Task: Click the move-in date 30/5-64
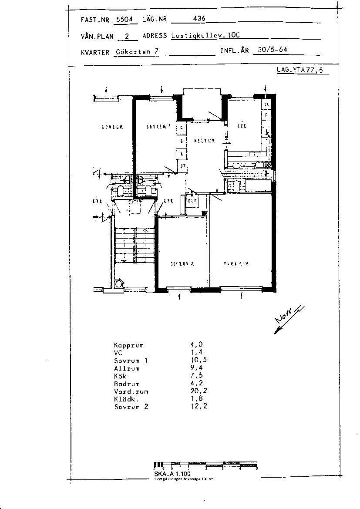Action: point(272,50)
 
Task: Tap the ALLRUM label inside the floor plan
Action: point(204,141)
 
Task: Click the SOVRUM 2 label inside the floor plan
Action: point(182,264)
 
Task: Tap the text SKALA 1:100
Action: point(172,473)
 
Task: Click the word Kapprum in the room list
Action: point(129,345)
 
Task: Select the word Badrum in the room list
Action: point(127,384)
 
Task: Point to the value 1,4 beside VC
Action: point(191,353)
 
